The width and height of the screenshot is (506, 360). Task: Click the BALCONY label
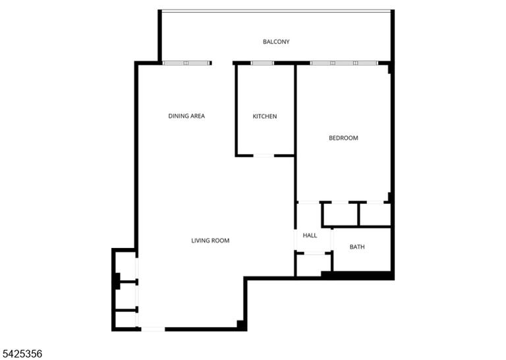click(276, 42)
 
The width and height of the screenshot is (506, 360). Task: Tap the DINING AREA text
click(186, 116)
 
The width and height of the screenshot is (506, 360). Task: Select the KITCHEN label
click(265, 116)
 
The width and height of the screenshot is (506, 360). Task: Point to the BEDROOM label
click(343, 138)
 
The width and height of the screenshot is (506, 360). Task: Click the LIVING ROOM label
click(210, 241)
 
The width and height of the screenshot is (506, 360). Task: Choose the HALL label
click(310, 235)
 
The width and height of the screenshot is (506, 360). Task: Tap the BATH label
click(357, 247)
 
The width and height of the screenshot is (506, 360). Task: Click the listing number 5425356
click(21, 353)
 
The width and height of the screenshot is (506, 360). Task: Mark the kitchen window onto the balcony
click(262, 63)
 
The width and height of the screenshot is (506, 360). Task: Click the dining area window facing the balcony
click(186, 63)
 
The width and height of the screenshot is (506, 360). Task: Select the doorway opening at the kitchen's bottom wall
click(264, 156)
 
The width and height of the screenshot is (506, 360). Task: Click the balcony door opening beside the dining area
click(222, 63)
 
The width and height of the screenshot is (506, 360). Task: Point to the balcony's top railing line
click(276, 11)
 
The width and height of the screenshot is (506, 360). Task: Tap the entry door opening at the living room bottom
click(153, 329)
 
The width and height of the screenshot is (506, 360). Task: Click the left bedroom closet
click(341, 214)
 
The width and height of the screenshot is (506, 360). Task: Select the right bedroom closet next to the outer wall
click(375, 214)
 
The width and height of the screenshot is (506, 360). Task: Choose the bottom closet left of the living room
click(125, 320)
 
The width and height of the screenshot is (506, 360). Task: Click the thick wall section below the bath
click(358, 276)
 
